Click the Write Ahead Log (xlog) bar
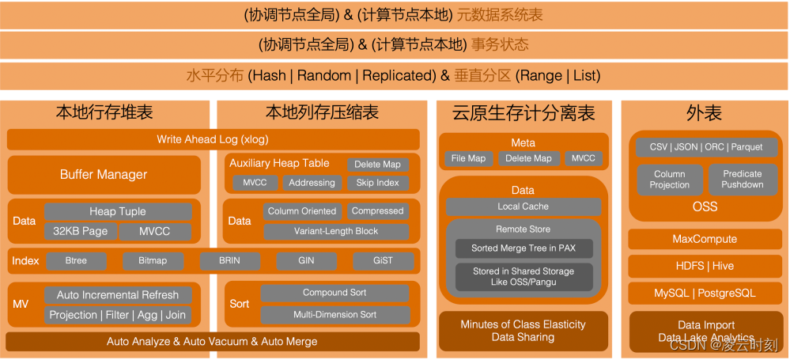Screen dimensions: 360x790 click(x=213, y=139)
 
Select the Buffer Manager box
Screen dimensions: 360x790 click(x=104, y=174)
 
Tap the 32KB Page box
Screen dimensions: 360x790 click(x=80, y=231)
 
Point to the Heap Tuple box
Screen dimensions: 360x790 click(x=118, y=211)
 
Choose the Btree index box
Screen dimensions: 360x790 click(x=76, y=260)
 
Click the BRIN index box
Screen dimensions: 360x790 click(x=229, y=260)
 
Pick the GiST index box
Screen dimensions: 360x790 click(x=383, y=260)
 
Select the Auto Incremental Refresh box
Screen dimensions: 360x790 click(x=118, y=294)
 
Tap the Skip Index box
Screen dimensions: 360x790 click(x=378, y=183)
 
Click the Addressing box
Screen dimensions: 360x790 click(x=312, y=183)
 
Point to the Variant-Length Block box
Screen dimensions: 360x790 click(x=336, y=231)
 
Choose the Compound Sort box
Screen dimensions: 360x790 click(x=335, y=293)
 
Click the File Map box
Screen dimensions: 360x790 click(x=467, y=158)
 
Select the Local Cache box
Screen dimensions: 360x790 click(x=523, y=207)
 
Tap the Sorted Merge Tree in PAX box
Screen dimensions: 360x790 click(x=523, y=248)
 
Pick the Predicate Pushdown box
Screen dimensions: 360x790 click(x=742, y=179)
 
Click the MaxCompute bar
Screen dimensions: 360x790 click(x=704, y=239)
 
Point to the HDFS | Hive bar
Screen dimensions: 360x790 click(x=704, y=266)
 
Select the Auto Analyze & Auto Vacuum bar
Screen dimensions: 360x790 click(x=212, y=342)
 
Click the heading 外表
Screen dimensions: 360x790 click(x=704, y=112)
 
